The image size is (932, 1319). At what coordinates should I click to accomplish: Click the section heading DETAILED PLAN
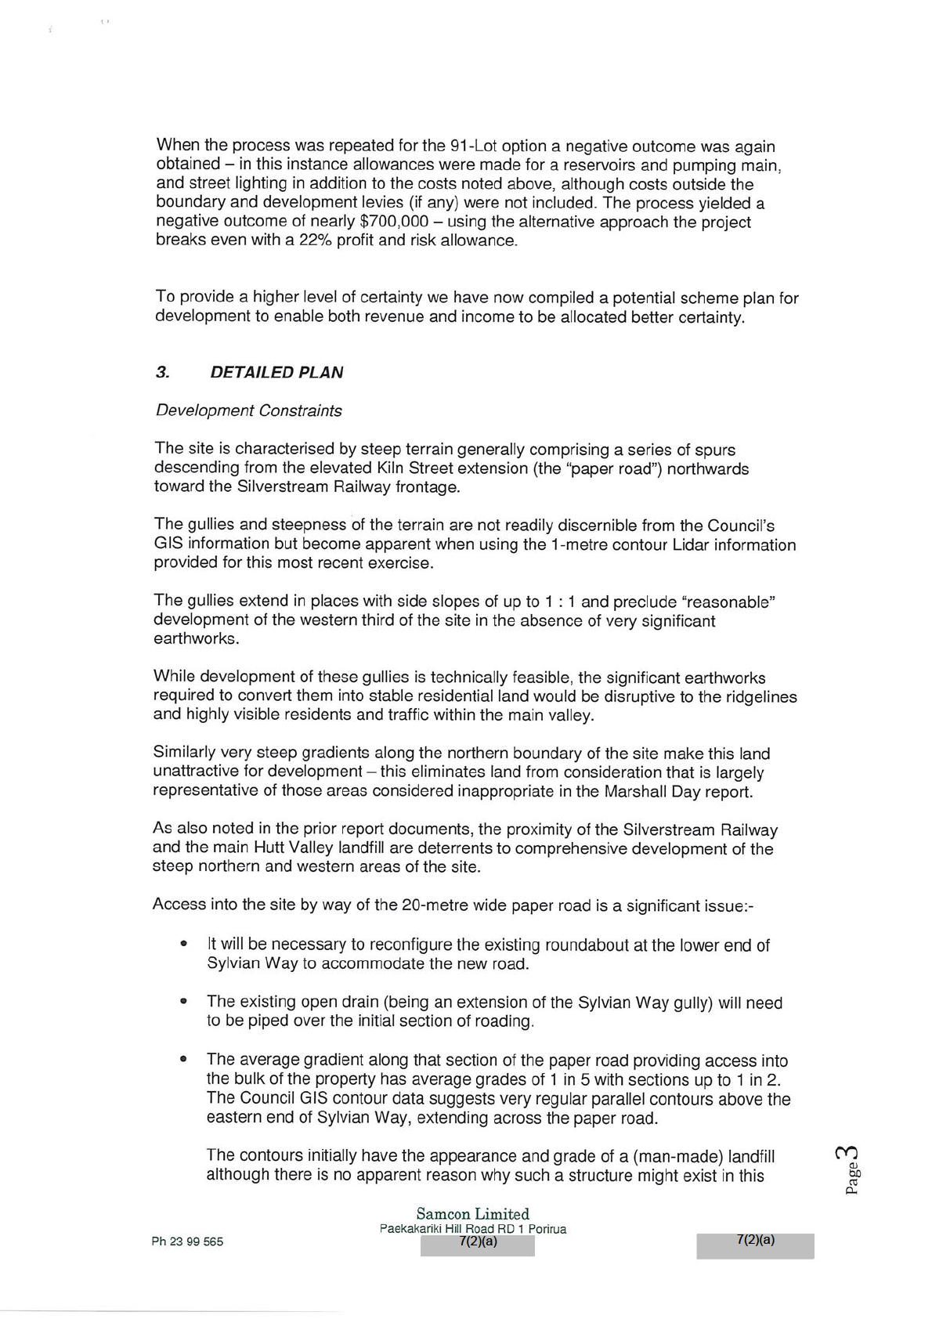[x=276, y=373]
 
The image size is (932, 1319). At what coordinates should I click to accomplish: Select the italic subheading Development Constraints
[x=248, y=410]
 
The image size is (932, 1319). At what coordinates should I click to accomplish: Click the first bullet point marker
[x=183, y=944]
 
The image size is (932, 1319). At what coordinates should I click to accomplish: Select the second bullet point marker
[x=183, y=1001]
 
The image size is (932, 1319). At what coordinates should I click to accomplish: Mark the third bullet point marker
[x=183, y=1059]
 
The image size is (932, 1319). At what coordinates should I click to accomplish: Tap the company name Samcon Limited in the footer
[x=472, y=1214]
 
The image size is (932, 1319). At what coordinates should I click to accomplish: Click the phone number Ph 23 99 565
[x=187, y=1241]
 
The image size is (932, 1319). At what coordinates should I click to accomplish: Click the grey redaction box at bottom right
[x=755, y=1245]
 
